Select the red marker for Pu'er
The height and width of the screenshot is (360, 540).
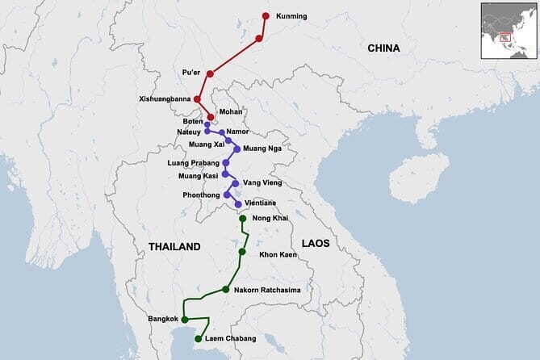pyautogui.click(x=210, y=74)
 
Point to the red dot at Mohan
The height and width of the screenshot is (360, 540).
pyautogui.click(x=211, y=117)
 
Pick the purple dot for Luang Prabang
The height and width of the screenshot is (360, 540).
pyautogui.click(x=226, y=162)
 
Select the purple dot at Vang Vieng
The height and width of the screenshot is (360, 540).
pyautogui.click(x=235, y=184)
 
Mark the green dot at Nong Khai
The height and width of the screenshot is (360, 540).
pyautogui.click(x=242, y=219)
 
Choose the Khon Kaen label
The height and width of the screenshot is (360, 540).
pyautogui.click(x=278, y=255)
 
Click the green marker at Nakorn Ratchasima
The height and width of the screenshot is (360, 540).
pyautogui.click(x=226, y=290)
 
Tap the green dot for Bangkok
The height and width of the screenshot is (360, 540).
pyautogui.click(x=185, y=320)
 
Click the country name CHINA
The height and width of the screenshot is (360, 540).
pyautogui.click(x=383, y=48)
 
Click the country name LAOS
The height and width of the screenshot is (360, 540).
pyautogui.click(x=316, y=243)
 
